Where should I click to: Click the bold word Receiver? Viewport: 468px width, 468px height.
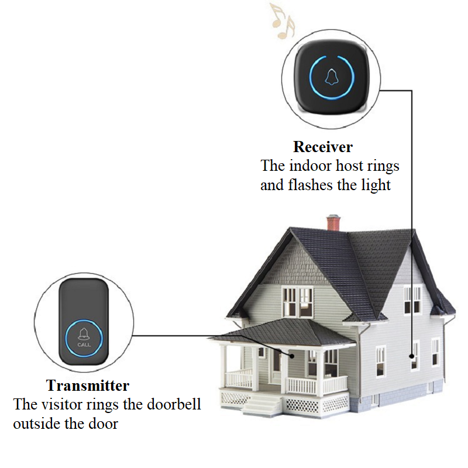point(323,147)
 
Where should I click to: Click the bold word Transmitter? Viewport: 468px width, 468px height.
point(87,386)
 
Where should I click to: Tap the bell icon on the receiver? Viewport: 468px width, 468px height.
point(331,77)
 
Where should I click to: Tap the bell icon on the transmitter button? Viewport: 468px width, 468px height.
point(84,334)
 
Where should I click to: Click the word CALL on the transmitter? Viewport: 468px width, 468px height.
point(84,345)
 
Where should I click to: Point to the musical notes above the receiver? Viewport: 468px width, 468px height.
point(283,21)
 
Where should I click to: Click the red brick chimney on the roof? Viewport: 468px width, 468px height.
point(333,223)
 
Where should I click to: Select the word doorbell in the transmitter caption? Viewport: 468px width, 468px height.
point(174,404)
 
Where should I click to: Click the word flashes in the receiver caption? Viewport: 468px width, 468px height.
point(310,185)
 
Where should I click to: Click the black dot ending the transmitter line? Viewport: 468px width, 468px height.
point(292,356)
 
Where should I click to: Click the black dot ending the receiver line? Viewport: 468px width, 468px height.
point(412,356)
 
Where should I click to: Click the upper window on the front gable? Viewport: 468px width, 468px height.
point(298,302)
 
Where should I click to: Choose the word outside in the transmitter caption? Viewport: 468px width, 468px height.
point(36,424)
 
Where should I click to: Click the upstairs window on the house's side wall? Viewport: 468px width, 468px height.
point(412,300)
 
